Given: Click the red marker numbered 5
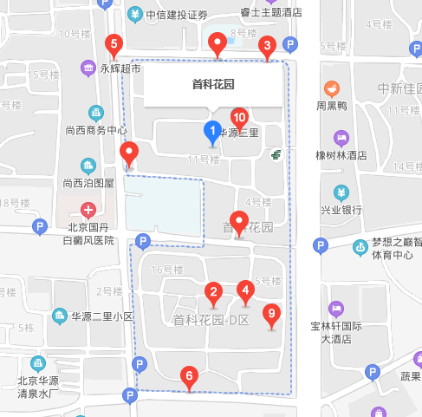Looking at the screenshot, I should coord(113,45).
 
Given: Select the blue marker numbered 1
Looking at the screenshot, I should coord(211,132).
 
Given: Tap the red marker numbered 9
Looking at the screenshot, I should coord(272,314).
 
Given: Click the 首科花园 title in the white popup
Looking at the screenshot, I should coord(213,85).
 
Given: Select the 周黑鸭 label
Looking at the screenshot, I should coord(331,107).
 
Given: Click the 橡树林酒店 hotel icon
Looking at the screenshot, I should coord(342,138).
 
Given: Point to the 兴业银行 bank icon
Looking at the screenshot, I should coord(342,192).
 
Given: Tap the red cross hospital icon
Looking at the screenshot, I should coord(88,209).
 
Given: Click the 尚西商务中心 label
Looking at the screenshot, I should coord(96,130).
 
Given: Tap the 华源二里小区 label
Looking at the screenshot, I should coord(101,316).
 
